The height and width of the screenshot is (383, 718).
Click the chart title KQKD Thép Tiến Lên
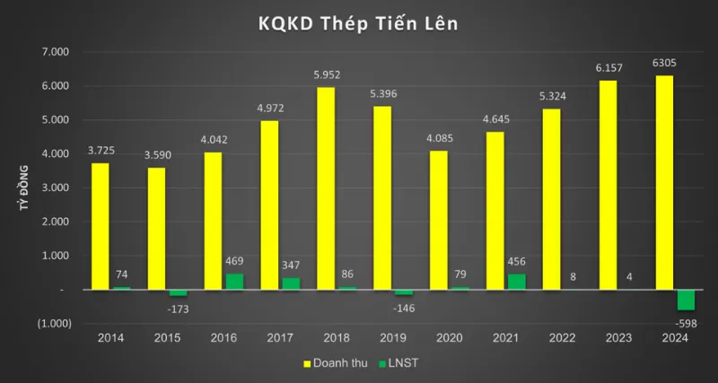tap(359, 23)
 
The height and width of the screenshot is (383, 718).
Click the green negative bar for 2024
tap(686, 300)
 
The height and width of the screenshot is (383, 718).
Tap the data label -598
tap(687, 322)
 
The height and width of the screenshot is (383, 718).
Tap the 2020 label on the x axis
tap(450, 338)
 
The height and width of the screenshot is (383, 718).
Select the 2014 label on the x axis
tap(110, 338)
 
